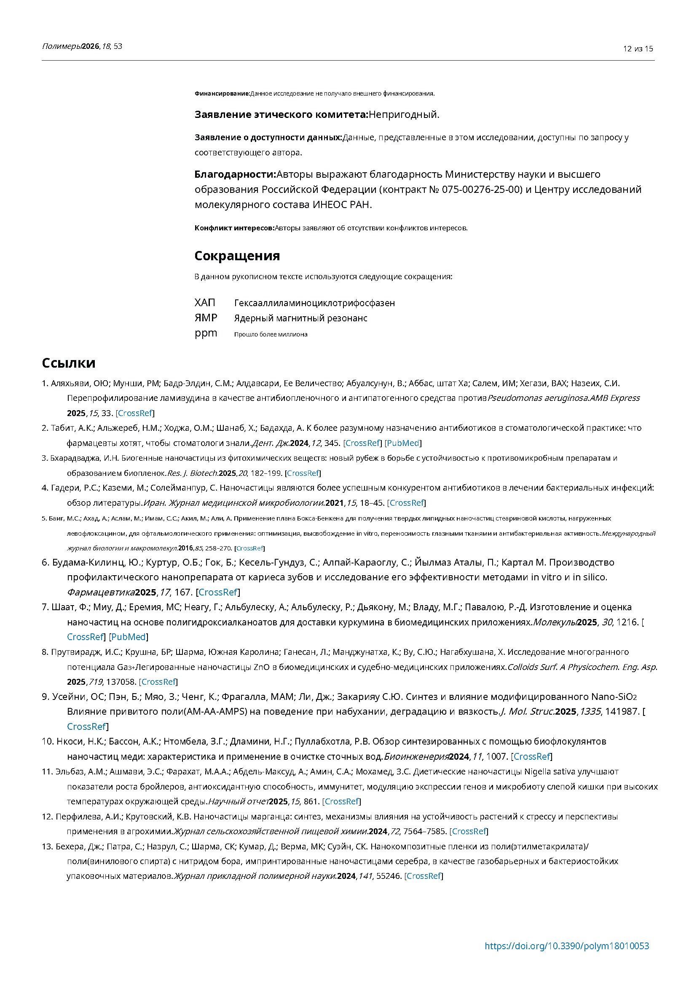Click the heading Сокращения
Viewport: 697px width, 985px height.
(x=237, y=256)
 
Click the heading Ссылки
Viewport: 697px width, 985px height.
(x=68, y=363)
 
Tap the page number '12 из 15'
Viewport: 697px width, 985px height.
(x=638, y=49)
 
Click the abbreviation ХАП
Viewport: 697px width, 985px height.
(x=205, y=303)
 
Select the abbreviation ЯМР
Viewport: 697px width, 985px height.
(x=206, y=318)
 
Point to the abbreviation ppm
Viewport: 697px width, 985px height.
(x=206, y=334)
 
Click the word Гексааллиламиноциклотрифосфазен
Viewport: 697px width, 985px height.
(x=314, y=303)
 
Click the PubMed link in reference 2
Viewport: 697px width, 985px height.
(x=403, y=443)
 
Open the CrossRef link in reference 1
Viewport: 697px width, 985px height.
(x=135, y=413)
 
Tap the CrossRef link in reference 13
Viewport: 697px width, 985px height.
(x=424, y=876)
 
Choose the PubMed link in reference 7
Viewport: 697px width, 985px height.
(x=129, y=637)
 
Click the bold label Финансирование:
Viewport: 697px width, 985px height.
(x=222, y=93)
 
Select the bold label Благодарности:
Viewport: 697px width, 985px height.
(x=235, y=174)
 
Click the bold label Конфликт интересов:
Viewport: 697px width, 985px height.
(x=234, y=228)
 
